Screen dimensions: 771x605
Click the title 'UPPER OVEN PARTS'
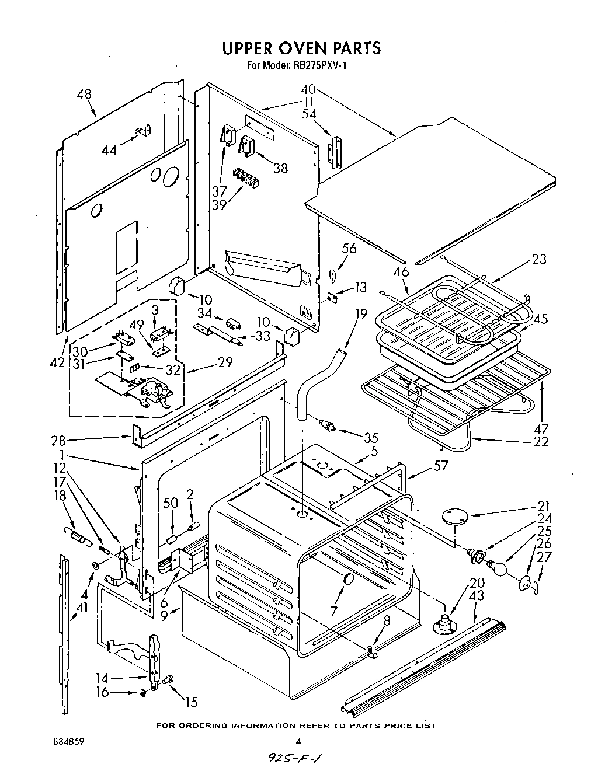[x=301, y=48]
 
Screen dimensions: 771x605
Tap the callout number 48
[x=84, y=95]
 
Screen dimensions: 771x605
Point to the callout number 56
[x=349, y=249]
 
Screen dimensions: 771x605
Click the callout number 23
[x=538, y=259]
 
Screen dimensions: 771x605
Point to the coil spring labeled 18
[x=78, y=535]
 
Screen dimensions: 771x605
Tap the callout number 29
[x=224, y=362]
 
